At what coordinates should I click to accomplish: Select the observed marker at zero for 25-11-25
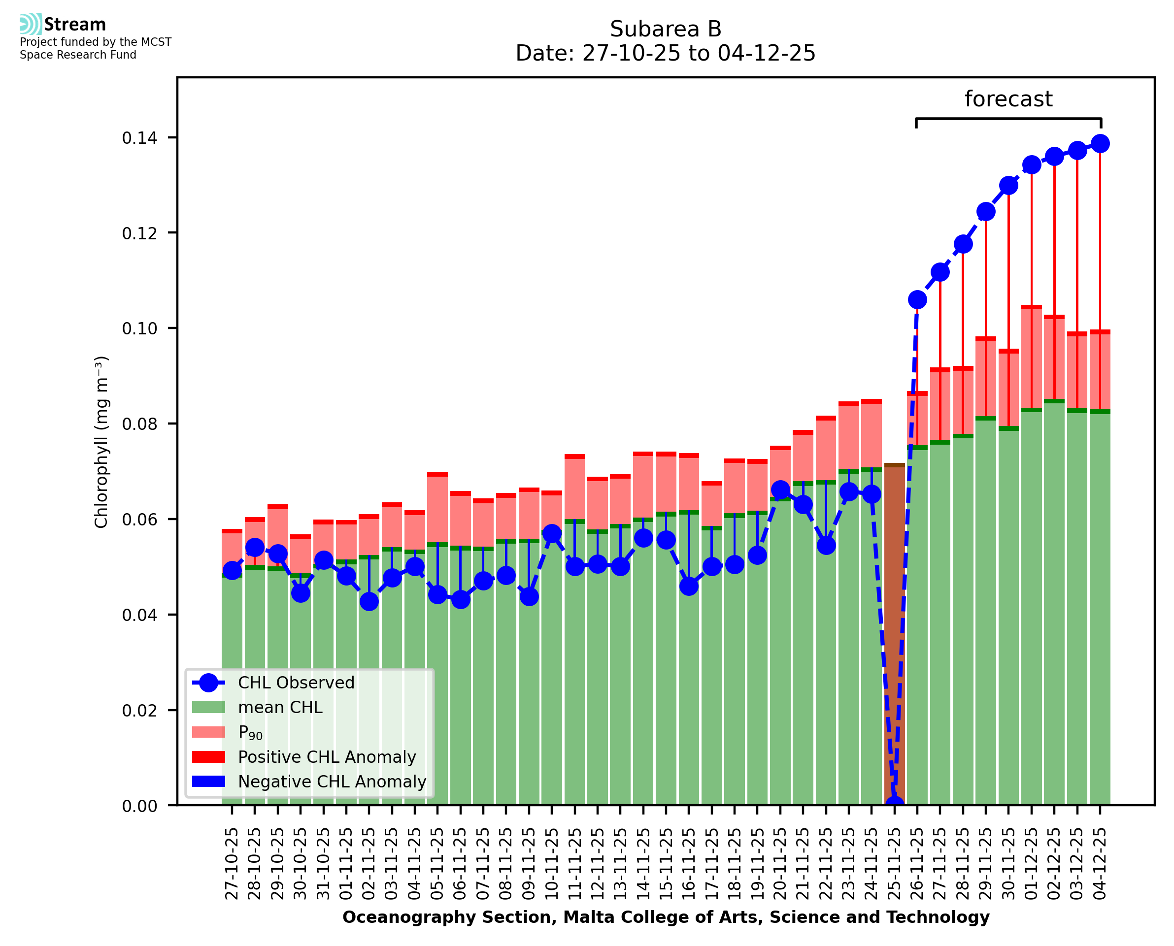tap(894, 804)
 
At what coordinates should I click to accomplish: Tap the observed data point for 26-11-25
tap(917, 300)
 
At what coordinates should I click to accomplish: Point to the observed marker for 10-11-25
tap(552, 533)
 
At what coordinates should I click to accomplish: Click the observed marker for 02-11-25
tap(369, 602)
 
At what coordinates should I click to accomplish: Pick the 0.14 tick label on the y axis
tap(139, 138)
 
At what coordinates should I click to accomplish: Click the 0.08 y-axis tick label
tap(139, 424)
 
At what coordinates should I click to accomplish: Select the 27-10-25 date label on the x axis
tap(232, 864)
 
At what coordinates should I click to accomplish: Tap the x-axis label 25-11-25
tap(894, 864)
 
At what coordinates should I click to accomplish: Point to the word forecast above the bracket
tap(1008, 99)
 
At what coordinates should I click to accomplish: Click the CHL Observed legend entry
tap(296, 683)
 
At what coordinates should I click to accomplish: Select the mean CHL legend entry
tap(280, 707)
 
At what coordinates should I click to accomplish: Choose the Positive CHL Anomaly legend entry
tap(327, 757)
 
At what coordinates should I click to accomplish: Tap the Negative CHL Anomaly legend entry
tap(332, 782)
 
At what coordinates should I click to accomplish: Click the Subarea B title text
tap(666, 29)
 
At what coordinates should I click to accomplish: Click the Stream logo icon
tap(31, 24)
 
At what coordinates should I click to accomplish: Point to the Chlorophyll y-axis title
tap(101, 442)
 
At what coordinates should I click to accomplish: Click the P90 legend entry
tap(250, 732)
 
